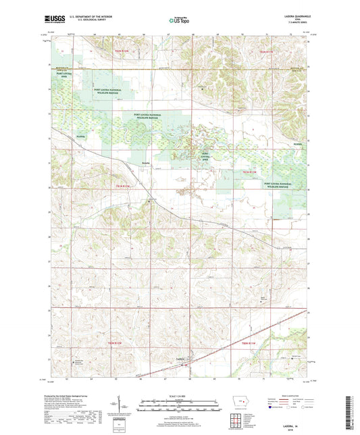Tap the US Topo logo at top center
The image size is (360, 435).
(178, 21)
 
